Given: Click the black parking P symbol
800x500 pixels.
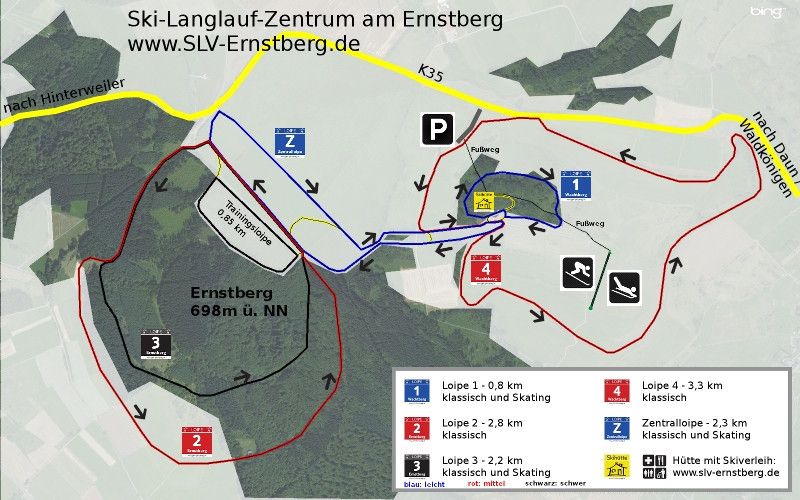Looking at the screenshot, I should click(436, 129).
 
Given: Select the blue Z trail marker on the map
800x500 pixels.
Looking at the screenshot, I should click(289, 143).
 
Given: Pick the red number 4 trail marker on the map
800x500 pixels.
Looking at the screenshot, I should click(485, 269).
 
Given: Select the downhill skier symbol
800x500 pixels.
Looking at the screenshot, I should click(575, 271).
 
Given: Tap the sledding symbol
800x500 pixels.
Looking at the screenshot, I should click(625, 288).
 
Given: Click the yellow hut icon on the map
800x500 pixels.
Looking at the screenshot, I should click(485, 202).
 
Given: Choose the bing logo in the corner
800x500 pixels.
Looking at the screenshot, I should click(767, 12).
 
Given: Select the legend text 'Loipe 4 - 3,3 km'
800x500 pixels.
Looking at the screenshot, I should click(680, 384).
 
